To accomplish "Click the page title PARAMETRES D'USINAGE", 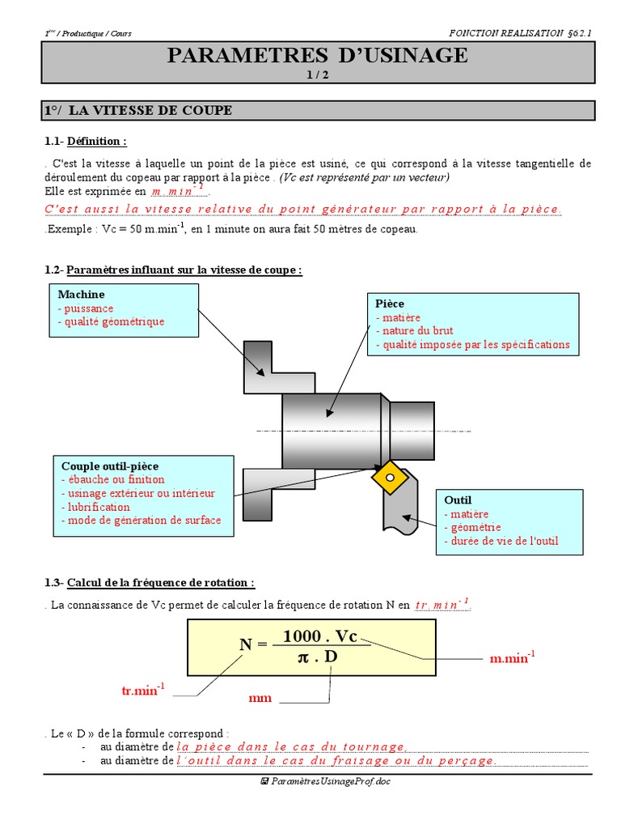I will pos(317,55).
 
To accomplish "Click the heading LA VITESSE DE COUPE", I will pos(162,110).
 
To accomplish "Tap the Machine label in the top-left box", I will pos(82,295).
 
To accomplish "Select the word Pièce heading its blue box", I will pos(390,304).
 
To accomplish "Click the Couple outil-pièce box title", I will pos(110,466).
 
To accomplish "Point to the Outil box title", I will pos(458,500).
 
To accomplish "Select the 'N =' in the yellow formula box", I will pos(253,644).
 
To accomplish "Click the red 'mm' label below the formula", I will pos(260,698).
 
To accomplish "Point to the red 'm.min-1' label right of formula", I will pos(512,658).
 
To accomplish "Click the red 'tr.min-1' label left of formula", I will pos(142,690).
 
